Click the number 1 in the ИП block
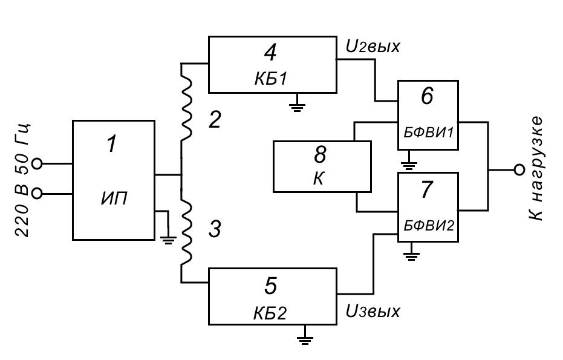[111, 145]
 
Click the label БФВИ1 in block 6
[428, 131]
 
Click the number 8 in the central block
[320, 155]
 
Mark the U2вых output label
[373, 46]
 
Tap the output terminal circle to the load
[518, 170]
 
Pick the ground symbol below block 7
[412, 252]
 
